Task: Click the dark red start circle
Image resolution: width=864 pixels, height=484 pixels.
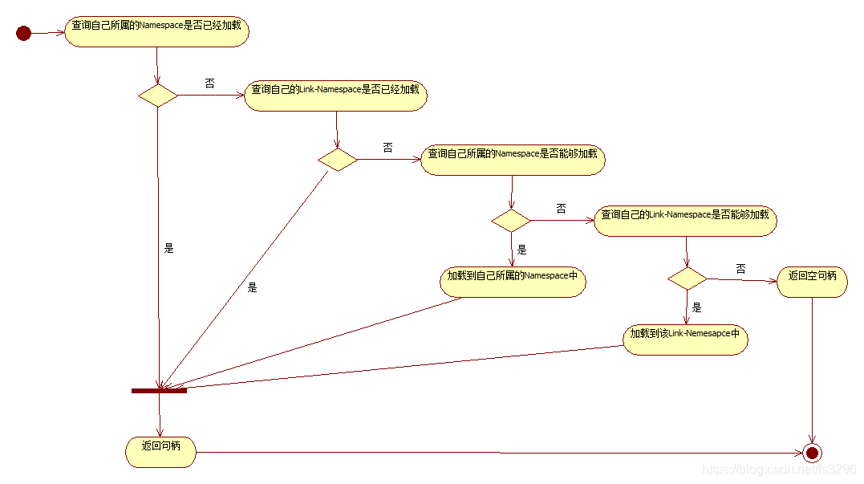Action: pos(23,33)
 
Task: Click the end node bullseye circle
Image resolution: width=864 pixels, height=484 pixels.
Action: pos(813,453)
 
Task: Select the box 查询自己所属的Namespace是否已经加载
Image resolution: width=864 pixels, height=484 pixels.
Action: pos(156,32)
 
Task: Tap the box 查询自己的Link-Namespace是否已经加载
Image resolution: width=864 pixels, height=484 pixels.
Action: pos(335,96)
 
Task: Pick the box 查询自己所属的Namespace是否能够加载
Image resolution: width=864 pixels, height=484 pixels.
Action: pos(513,159)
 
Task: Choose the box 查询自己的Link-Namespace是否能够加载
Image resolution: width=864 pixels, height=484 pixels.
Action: pos(685,221)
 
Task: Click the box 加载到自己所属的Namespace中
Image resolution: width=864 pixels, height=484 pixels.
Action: pos(513,282)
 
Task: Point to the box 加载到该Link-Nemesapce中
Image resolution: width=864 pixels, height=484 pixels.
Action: pos(685,339)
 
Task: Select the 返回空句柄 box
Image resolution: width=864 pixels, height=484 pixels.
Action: pos(812,282)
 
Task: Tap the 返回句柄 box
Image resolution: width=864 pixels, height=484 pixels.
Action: pos(160,452)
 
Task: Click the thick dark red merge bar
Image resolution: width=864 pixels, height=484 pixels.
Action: pos(159,391)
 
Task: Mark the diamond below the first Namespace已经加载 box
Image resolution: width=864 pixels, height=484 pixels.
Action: pos(158,96)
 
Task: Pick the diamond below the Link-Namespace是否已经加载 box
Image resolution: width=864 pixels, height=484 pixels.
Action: pos(338,159)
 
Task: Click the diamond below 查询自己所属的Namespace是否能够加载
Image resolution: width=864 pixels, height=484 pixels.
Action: pos(511,221)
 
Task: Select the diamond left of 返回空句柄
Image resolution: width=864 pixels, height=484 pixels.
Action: pos(688,279)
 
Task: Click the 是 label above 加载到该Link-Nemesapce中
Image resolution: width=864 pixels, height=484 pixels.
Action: pos(696,307)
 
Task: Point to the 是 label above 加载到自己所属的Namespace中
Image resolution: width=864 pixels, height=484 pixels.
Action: pos(521,250)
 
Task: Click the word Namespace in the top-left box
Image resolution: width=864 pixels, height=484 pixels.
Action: pos(162,26)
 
